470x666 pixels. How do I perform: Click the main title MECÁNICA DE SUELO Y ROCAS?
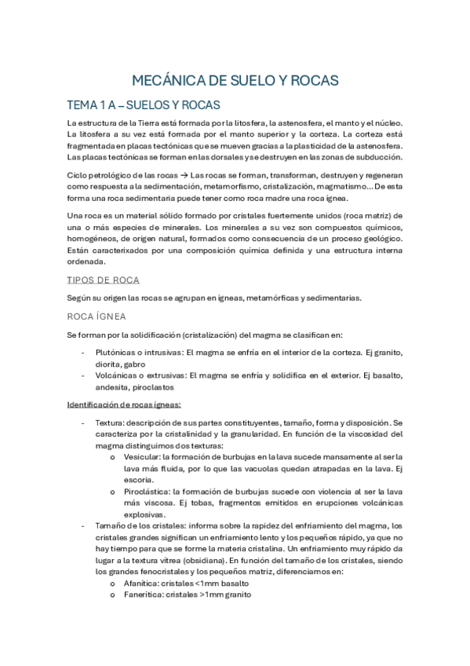235,80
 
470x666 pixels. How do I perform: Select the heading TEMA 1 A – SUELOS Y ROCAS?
144,105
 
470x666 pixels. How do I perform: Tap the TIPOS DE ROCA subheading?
104,280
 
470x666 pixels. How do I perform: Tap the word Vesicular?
141,456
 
